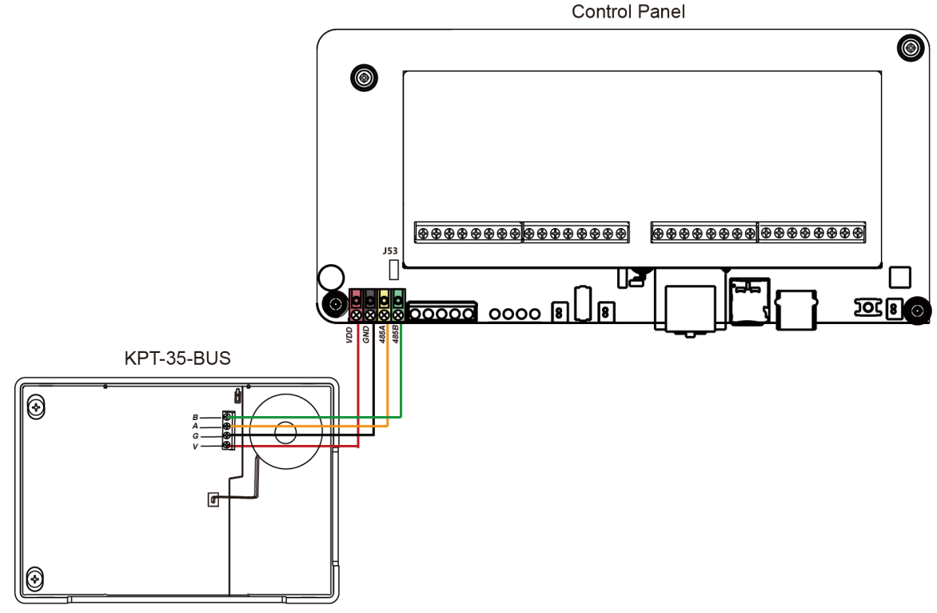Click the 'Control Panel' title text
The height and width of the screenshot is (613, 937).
pyautogui.click(x=628, y=13)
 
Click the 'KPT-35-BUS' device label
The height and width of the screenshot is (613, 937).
pyautogui.click(x=177, y=359)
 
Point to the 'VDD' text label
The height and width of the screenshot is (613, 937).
pyautogui.click(x=349, y=335)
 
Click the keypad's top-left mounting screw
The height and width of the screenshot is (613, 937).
pyautogui.click(x=34, y=408)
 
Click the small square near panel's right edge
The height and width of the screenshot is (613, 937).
pyautogui.click(x=899, y=277)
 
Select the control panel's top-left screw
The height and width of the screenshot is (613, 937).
pyautogui.click(x=364, y=78)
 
